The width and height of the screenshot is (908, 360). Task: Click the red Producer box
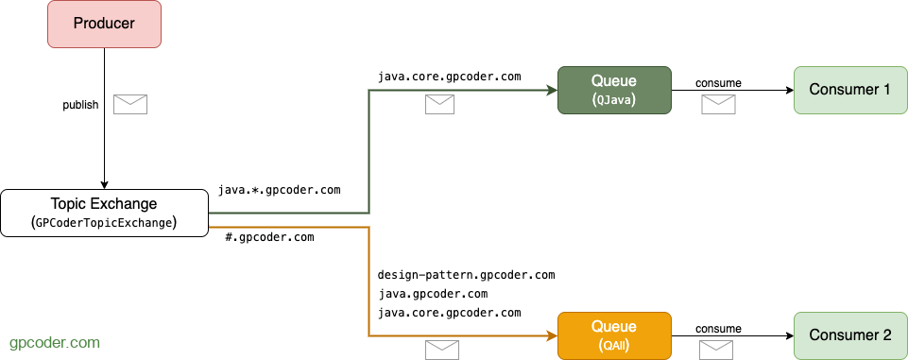pyautogui.click(x=105, y=25)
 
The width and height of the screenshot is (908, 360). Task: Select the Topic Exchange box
pyautogui.click(x=105, y=213)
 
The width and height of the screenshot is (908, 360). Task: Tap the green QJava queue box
pyautogui.click(x=613, y=90)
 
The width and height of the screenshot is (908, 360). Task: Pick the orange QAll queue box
pyautogui.click(x=613, y=335)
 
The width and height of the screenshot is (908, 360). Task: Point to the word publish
pyautogui.click(x=80, y=105)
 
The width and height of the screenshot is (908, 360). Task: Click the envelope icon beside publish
pyautogui.click(x=130, y=104)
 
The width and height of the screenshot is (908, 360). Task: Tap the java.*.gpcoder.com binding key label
pyautogui.click(x=279, y=190)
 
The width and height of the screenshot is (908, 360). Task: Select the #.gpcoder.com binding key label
pyautogui.click(x=269, y=237)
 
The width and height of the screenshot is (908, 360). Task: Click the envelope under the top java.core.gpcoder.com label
pyautogui.click(x=439, y=104)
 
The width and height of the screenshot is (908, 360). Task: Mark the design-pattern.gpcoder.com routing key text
pyautogui.click(x=466, y=275)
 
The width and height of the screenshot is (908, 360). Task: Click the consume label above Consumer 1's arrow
pyautogui.click(x=718, y=83)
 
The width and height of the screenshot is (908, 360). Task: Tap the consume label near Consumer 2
pyautogui.click(x=718, y=328)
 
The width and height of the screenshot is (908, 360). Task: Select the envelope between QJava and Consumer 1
pyautogui.click(x=718, y=104)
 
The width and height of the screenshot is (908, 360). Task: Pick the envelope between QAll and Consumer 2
pyautogui.click(x=716, y=350)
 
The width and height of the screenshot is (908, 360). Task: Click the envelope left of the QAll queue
pyautogui.click(x=442, y=350)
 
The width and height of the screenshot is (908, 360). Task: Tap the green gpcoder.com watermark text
pyautogui.click(x=54, y=342)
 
